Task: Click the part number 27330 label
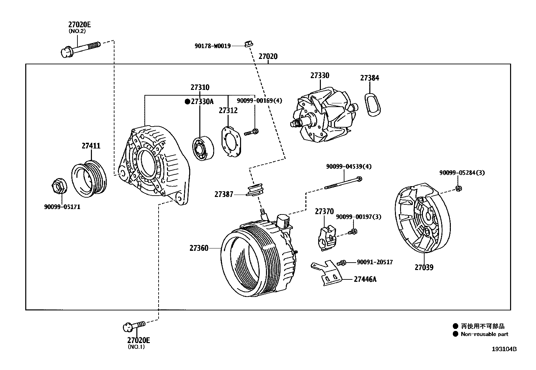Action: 320,75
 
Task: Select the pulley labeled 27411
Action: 89,178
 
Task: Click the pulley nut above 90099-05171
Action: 59,186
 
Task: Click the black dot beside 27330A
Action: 187,101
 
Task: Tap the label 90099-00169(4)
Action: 259,100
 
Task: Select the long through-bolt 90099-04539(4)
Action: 343,183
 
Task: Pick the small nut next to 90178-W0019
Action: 248,43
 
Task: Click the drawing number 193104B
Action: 504,349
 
